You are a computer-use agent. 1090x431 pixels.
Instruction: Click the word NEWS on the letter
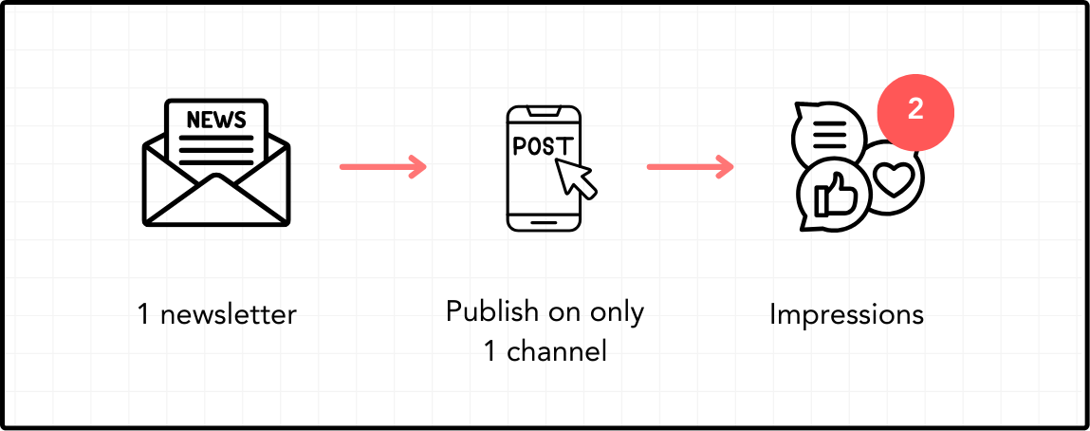click(216, 120)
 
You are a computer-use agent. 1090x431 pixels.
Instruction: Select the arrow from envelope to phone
click(383, 168)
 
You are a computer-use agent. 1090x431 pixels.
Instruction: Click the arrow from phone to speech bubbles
click(690, 168)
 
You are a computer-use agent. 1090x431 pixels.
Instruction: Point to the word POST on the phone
click(543, 146)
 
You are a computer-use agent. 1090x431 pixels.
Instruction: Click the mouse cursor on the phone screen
click(576, 177)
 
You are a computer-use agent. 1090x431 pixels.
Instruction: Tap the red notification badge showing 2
click(914, 110)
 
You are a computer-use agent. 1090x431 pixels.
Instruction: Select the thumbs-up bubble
click(832, 197)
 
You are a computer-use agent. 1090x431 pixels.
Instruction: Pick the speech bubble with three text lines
click(828, 133)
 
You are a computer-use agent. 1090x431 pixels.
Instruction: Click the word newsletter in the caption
click(229, 314)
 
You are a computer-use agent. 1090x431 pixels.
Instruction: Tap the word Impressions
click(846, 314)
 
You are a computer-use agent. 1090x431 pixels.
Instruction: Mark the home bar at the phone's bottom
click(545, 222)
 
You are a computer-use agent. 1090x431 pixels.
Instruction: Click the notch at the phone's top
click(545, 111)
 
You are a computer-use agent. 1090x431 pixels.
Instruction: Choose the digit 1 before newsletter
click(143, 314)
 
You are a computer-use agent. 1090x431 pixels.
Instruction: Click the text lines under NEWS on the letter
click(216, 150)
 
